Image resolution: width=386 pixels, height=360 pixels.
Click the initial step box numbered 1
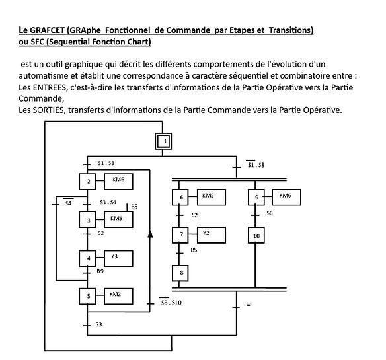tap(163, 141)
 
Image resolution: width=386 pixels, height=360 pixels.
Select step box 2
tap(87, 182)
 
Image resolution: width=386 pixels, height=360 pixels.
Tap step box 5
tap(87, 296)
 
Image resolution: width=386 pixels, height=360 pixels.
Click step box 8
tap(180, 273)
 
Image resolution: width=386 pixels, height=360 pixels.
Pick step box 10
tap(256, 236)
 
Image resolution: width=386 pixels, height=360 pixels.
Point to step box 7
tap(180, 235)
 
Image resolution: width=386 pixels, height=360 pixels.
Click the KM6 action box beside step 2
tap(119, 182)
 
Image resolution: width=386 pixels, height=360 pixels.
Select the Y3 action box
tap(119, 258)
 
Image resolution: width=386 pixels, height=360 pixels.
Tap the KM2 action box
tap(119, 296)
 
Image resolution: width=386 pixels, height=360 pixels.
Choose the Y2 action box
tap(212, 235)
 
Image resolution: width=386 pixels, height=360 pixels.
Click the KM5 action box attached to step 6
tap(212, 197)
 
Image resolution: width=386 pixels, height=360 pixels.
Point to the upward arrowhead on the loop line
tap(150, 234)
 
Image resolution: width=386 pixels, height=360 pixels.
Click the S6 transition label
tap(270, 213)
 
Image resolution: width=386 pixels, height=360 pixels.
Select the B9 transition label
tap(100, 271)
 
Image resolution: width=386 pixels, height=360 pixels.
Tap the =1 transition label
tap(250, 305)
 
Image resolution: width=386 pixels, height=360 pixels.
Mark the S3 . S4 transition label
tap(108, 202)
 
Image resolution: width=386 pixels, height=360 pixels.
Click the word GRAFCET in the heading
tap(48, 30)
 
